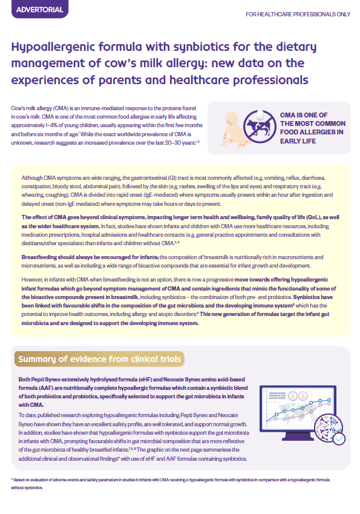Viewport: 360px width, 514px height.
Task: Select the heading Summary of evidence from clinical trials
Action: [100, 360]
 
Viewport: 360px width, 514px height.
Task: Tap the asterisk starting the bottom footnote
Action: [12, 479]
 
